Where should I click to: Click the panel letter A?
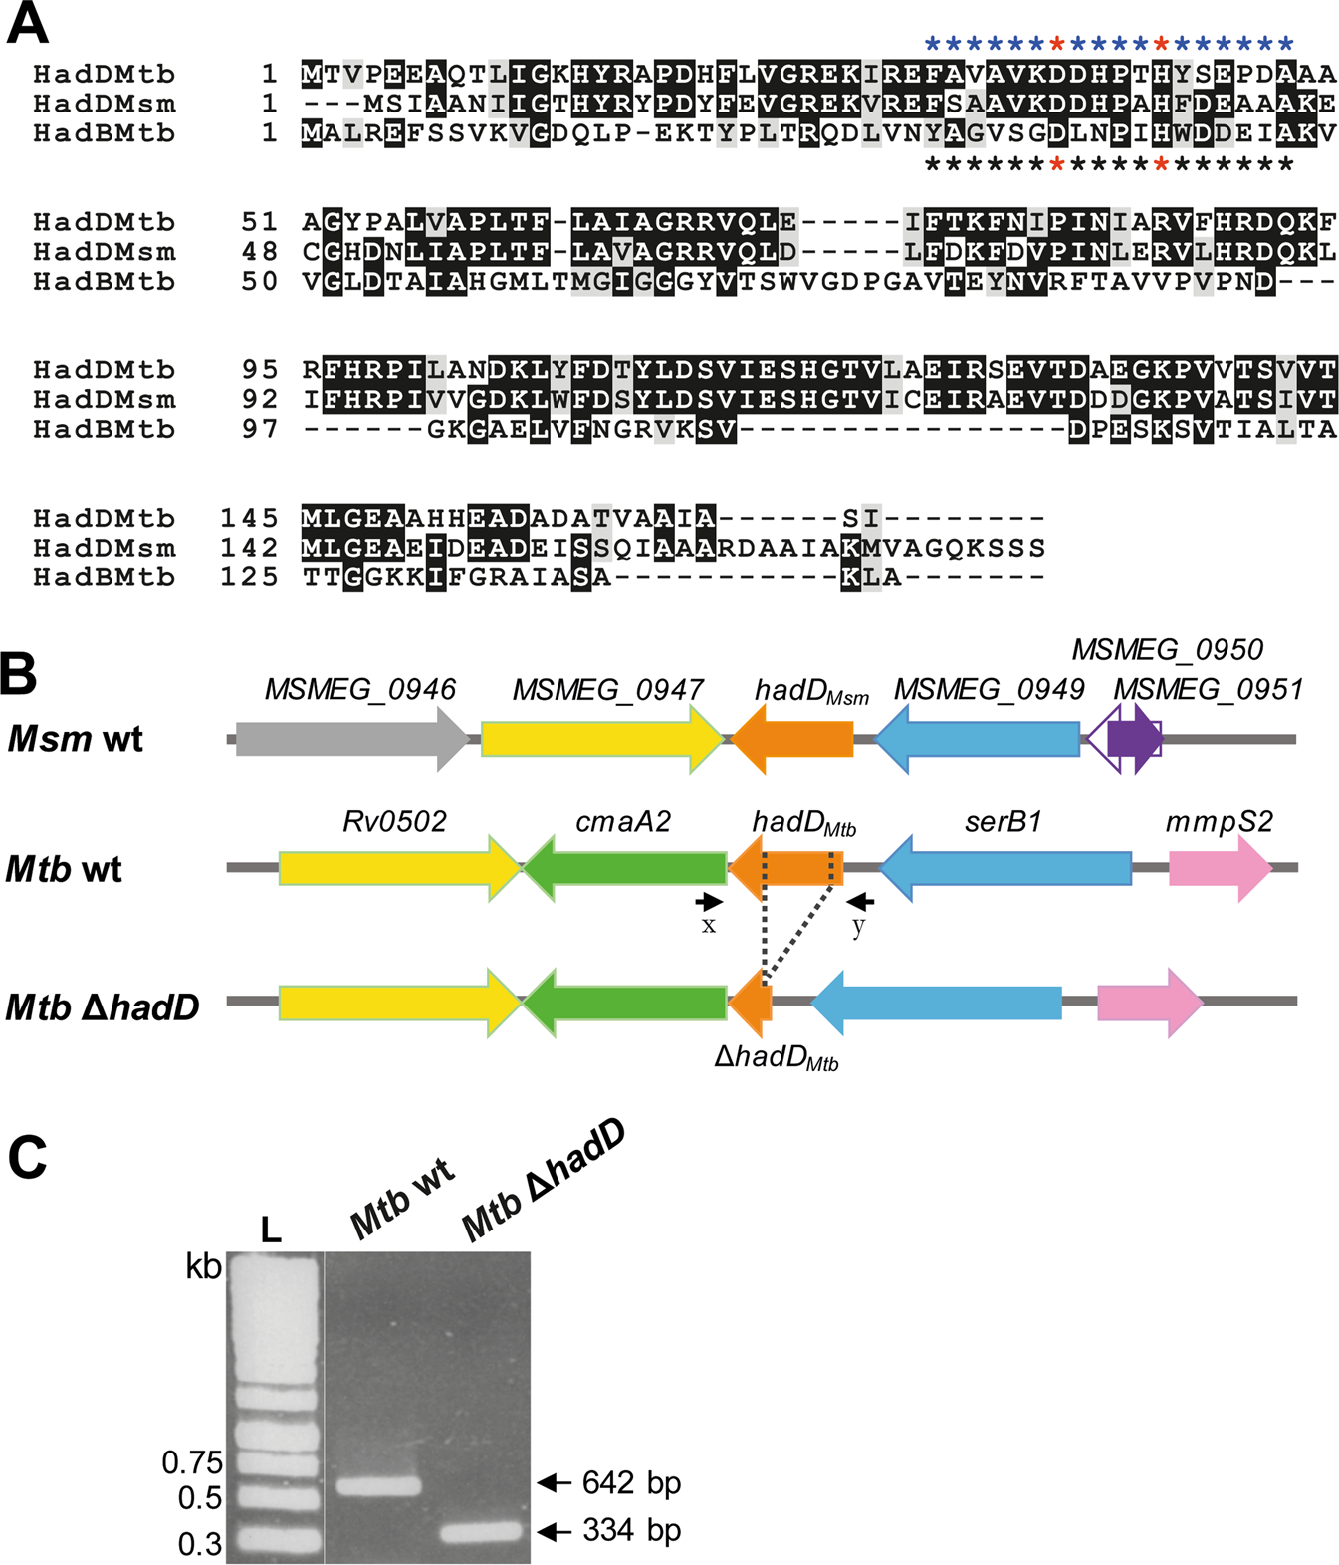[28, 25]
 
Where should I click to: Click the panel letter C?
[28, 1158]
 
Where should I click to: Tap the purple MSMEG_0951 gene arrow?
[1135, 739]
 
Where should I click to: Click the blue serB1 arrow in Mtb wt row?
[1005, 868]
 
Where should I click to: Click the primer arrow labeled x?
[709, 902]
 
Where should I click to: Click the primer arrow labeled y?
[861, 902]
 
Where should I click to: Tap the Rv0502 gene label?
[395, 822]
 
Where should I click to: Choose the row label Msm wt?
[76, 740]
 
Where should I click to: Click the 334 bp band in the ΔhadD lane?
[481, 1531]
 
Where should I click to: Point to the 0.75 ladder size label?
[192, 1462]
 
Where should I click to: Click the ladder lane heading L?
[271, 1230]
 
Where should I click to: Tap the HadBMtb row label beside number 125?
[104, 577]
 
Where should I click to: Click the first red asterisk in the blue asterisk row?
[1056, 44]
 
